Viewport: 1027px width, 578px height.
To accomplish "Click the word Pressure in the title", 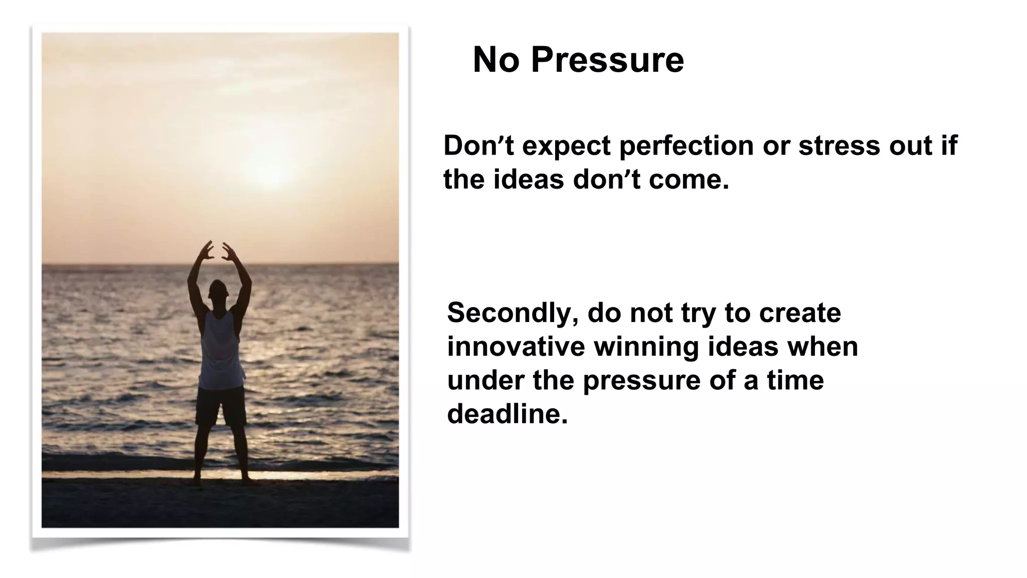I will [607, 60].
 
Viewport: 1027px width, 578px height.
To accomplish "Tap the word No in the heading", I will [495, 60].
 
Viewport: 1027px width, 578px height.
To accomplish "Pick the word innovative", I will [516, 347].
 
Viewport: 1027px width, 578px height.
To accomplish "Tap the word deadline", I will [507, 414].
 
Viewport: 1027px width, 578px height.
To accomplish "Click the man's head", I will [218, 291].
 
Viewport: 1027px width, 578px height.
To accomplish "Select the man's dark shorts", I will [221, 405].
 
